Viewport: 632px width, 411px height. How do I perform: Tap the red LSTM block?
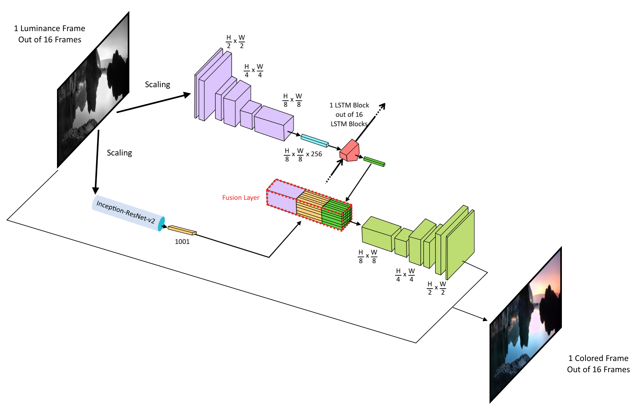click(350, 151)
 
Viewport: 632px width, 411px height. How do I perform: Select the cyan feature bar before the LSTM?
click(314, 140)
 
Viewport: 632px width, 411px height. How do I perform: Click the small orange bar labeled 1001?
click(182, 230)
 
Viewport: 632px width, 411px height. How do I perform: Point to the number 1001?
click(182, 242)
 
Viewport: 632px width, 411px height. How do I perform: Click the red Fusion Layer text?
click(241, 197)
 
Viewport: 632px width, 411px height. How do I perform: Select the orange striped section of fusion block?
click(309, 207)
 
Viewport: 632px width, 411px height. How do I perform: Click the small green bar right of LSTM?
click(374, 162)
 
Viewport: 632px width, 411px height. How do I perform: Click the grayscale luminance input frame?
click(93, 93)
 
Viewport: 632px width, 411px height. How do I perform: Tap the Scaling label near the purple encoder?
click(158, 84)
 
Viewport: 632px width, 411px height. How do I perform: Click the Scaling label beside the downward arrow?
click(119, 153)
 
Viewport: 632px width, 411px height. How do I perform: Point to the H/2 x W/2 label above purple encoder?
click(235, 42)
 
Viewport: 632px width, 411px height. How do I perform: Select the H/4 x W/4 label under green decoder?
click(405, 275)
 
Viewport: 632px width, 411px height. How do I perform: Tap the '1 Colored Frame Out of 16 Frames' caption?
click(598, 364)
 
